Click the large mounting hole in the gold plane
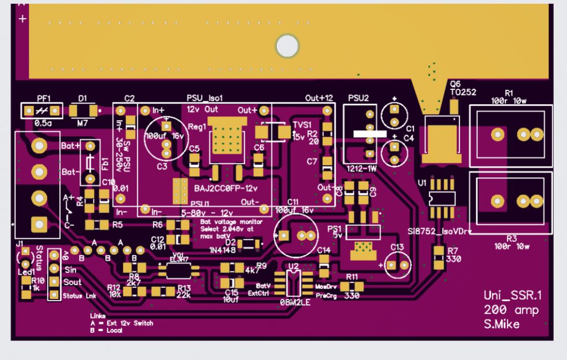[287, 46]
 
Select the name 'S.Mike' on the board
[502, 325]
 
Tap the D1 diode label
[83, 99]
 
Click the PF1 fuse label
[44, 99]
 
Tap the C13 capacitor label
[397, 247]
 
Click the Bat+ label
[71, 145]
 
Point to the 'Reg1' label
[197, 126]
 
